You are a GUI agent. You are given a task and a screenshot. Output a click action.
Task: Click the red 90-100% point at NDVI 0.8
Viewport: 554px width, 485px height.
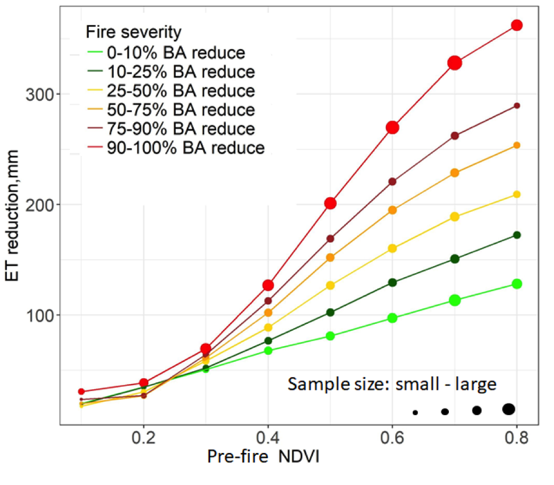[x=517, y=25]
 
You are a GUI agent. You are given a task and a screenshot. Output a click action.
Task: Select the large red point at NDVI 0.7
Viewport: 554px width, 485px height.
[x=455, y=63]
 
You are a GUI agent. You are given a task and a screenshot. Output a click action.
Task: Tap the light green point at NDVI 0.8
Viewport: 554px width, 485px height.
[x=517, y=284]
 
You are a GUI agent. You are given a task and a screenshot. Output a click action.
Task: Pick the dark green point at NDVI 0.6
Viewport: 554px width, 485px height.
[x=392, y=282]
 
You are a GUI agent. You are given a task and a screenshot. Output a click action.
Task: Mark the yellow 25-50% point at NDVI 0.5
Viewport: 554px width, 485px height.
[x=330, y=285]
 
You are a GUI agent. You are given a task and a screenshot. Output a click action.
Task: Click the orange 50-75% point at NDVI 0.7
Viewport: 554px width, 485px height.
[x=455, y=173]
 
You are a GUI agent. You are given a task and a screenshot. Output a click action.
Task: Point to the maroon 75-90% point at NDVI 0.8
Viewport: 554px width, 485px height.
[x=517, y=106]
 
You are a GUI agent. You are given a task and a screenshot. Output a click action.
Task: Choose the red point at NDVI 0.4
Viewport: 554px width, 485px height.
[x=268, y=285]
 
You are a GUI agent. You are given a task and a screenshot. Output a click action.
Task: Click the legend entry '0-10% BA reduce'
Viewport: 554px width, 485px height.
[x=175, y=53]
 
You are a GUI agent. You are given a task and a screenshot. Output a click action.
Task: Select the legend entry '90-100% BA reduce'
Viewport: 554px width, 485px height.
[x=186, y=148]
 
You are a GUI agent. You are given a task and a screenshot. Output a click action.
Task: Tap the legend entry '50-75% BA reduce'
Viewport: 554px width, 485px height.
[x=180, y=110]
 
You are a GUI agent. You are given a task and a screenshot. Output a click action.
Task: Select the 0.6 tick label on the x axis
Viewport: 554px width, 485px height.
[x=392, y=437]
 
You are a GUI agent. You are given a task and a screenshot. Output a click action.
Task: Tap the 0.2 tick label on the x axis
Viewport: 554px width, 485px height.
[x=143, y=437]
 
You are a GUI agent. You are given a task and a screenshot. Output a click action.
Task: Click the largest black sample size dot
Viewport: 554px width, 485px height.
[x=508, y=409]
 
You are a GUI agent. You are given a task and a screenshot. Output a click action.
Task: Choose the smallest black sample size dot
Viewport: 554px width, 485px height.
[x=415, y=412]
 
